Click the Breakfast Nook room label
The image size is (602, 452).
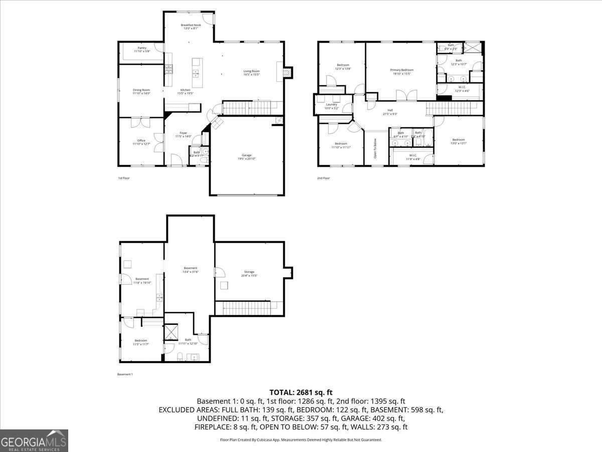(191, 27)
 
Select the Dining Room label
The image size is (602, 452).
(141, 91)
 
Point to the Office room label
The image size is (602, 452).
(141, 142)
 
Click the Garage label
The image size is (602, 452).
(246, 157)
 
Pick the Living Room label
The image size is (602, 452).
(251, 73)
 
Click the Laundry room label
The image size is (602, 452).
(331, 106)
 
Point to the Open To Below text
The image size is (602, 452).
(375, 148)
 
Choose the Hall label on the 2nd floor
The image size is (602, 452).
(390, 112)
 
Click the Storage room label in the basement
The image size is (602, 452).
(249, 274)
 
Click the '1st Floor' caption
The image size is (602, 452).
(123, 178)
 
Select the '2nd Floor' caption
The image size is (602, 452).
(324, 178)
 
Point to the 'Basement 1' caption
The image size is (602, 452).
(124, 374)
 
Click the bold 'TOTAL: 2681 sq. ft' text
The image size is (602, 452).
(301, 392)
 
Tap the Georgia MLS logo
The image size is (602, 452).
(34, 440)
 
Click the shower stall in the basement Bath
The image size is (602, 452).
(172, 332)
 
